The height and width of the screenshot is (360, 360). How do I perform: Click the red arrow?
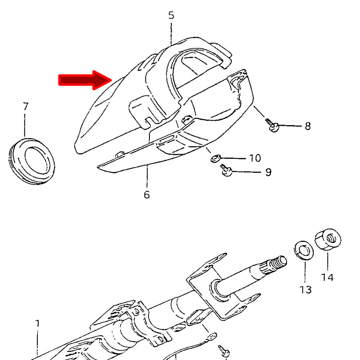pos(85,80)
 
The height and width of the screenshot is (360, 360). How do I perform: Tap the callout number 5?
pos(171,15)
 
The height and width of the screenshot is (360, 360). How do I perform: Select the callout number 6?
pos(147,195)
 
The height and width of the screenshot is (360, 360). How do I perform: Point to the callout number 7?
pos(26,106)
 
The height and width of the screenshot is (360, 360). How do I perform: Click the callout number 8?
pos(308,126)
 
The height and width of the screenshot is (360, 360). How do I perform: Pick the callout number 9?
pos(268,172)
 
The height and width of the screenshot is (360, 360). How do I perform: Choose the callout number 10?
pos(255,158)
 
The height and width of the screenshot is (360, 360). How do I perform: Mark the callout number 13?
pos(306,290)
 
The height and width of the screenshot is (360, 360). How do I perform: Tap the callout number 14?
pos(327,277)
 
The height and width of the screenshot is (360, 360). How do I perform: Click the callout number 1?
pos(37,324)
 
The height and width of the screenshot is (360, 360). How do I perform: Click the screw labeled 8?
pos(272,125)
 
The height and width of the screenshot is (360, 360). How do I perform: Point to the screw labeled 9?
pos(226,170)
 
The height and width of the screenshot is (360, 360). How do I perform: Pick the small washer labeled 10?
pos(216,158)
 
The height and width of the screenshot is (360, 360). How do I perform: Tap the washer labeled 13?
pos(303,250)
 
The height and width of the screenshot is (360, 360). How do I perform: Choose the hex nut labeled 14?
pos(328,240)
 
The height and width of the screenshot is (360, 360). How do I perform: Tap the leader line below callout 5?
pos(171,33)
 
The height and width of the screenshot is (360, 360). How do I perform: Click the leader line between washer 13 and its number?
pos(305,272)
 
